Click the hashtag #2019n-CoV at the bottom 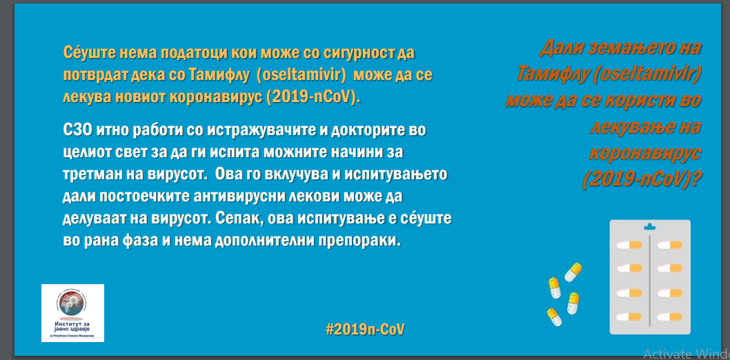[x=365, y=329]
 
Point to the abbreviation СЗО [x=77, y=131]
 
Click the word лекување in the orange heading [x=645, y=127]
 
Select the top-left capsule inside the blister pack [x=629, y=245]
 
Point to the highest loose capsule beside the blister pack [x=573, y=272]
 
